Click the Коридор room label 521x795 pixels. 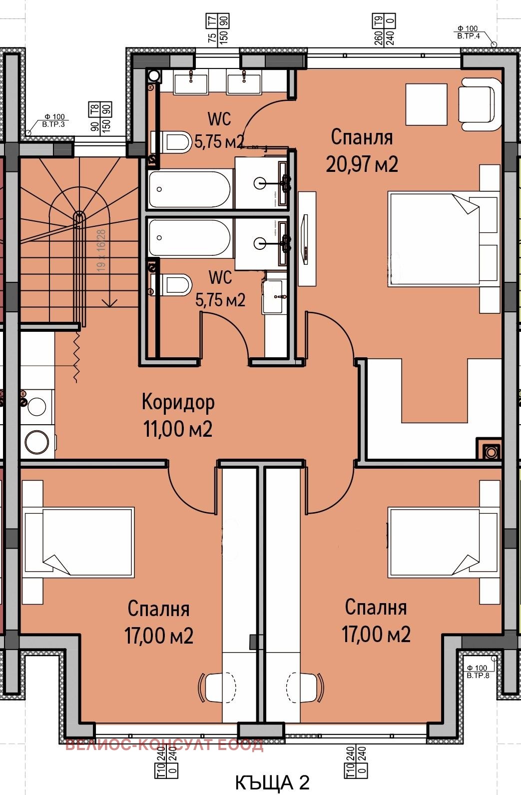[x=178, y=402]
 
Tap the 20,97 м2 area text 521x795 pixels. [x=362, y=164]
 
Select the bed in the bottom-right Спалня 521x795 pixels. [x=443, y=542]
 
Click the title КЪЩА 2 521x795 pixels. [x=272, y=783]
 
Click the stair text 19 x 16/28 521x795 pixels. [x=102, y=250]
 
